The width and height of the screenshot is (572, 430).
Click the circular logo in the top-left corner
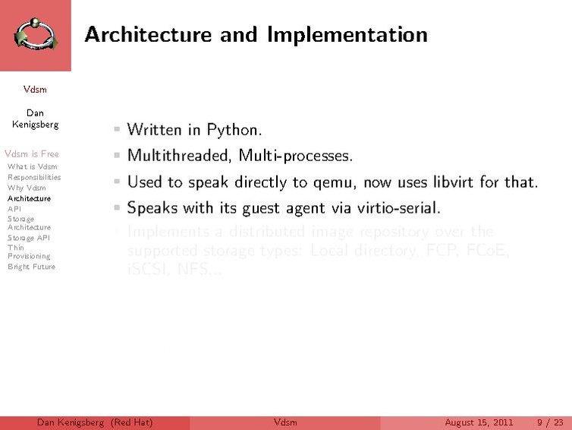pos(35,35)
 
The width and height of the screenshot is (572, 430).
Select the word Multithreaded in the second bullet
pos(179,156)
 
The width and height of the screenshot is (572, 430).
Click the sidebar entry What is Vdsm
pos(32,166)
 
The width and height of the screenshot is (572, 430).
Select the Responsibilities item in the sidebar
pos(34,177)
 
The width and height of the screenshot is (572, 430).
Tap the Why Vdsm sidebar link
pos(27,188)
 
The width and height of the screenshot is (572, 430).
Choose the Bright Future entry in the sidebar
pos(31,267)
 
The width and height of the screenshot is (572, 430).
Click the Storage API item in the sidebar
pos(29,237)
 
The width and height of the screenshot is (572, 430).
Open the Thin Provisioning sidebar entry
pos(28,252)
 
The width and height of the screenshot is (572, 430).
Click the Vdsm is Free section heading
pos(31,154)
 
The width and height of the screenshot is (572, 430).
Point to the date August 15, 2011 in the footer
pos(479,422)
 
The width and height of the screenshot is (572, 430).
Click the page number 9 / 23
pos(550,422)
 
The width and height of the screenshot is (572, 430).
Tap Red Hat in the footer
pos(132,422)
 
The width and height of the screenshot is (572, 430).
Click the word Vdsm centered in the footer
pos(285,422)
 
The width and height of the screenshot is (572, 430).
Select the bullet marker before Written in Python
pos(117,130)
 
